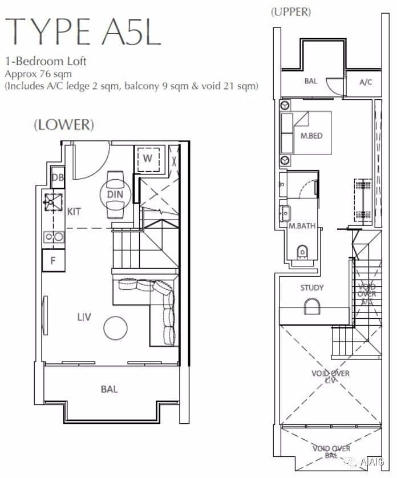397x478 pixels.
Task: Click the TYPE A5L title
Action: [x=83, y=32]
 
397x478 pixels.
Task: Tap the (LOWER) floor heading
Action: [x=64, y=125]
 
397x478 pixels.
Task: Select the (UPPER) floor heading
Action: [x=291, y=11]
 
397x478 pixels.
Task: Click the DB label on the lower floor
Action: [x=58, y=177]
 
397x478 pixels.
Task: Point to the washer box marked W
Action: [x=148, y=160]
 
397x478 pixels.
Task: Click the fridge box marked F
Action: [x=54, y=260]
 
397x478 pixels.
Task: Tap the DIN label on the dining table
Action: [x=115, y=194]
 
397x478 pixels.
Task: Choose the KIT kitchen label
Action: [x=74, y=211]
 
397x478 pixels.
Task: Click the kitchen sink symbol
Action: [x=54, y=202]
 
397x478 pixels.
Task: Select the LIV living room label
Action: [x=84, y=317]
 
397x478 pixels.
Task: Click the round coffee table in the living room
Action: [x=116, y=328]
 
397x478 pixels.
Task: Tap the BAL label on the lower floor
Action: [x=109, y=389]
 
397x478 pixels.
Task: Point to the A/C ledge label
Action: [x=366, y=82]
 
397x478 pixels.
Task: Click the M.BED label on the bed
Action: [x=311, y=136]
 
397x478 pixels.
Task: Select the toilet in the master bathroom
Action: [x=302, y=252]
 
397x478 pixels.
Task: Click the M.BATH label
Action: [x=302, y=226]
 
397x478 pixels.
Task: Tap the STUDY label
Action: [x=312, y=288]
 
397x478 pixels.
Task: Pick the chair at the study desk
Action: [x=312, y=307]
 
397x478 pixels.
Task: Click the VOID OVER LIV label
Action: [x=330, y=376]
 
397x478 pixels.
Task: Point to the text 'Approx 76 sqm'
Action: [x=38, y=74]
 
